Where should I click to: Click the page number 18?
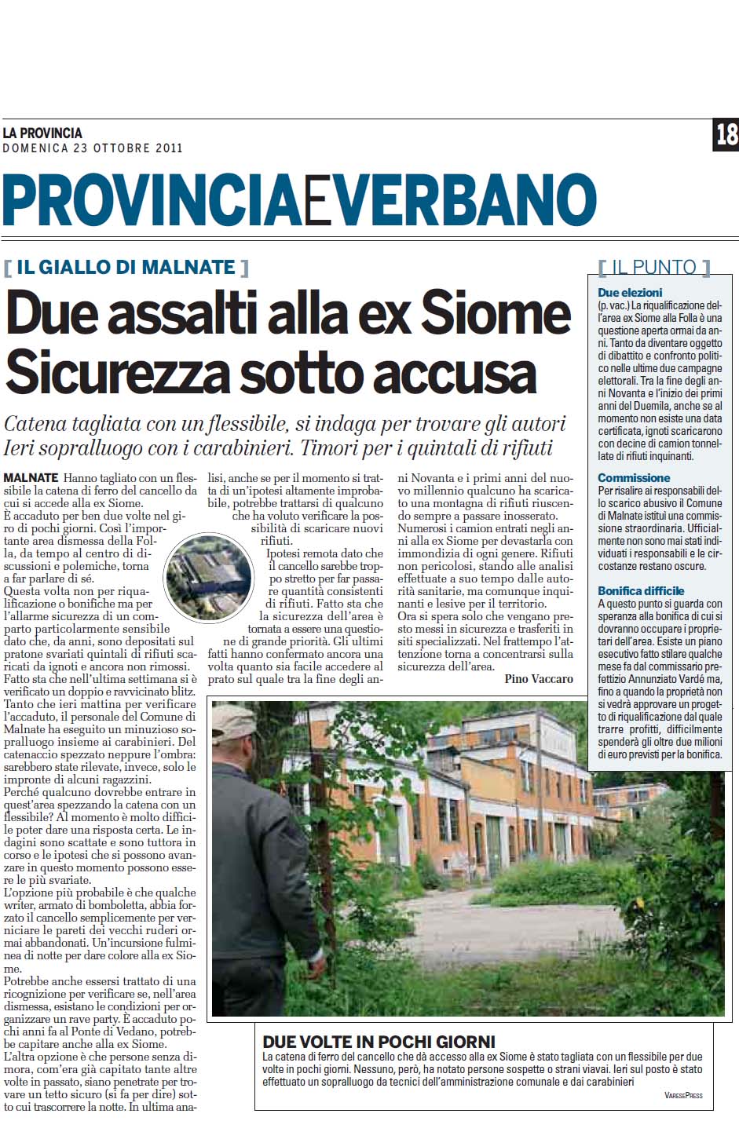726,134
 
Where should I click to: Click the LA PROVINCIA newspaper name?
42,133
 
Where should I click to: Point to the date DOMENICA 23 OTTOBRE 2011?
93,148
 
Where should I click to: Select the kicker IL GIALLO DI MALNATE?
126,267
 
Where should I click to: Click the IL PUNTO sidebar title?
653,267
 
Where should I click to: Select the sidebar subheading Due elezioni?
630,292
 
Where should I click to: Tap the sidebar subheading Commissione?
634,477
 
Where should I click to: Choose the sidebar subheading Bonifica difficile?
641,590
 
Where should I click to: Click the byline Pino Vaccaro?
539,678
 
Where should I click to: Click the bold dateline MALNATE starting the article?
31,477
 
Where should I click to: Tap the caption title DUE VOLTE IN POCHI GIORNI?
379,1042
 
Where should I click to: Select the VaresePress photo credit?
682,1095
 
